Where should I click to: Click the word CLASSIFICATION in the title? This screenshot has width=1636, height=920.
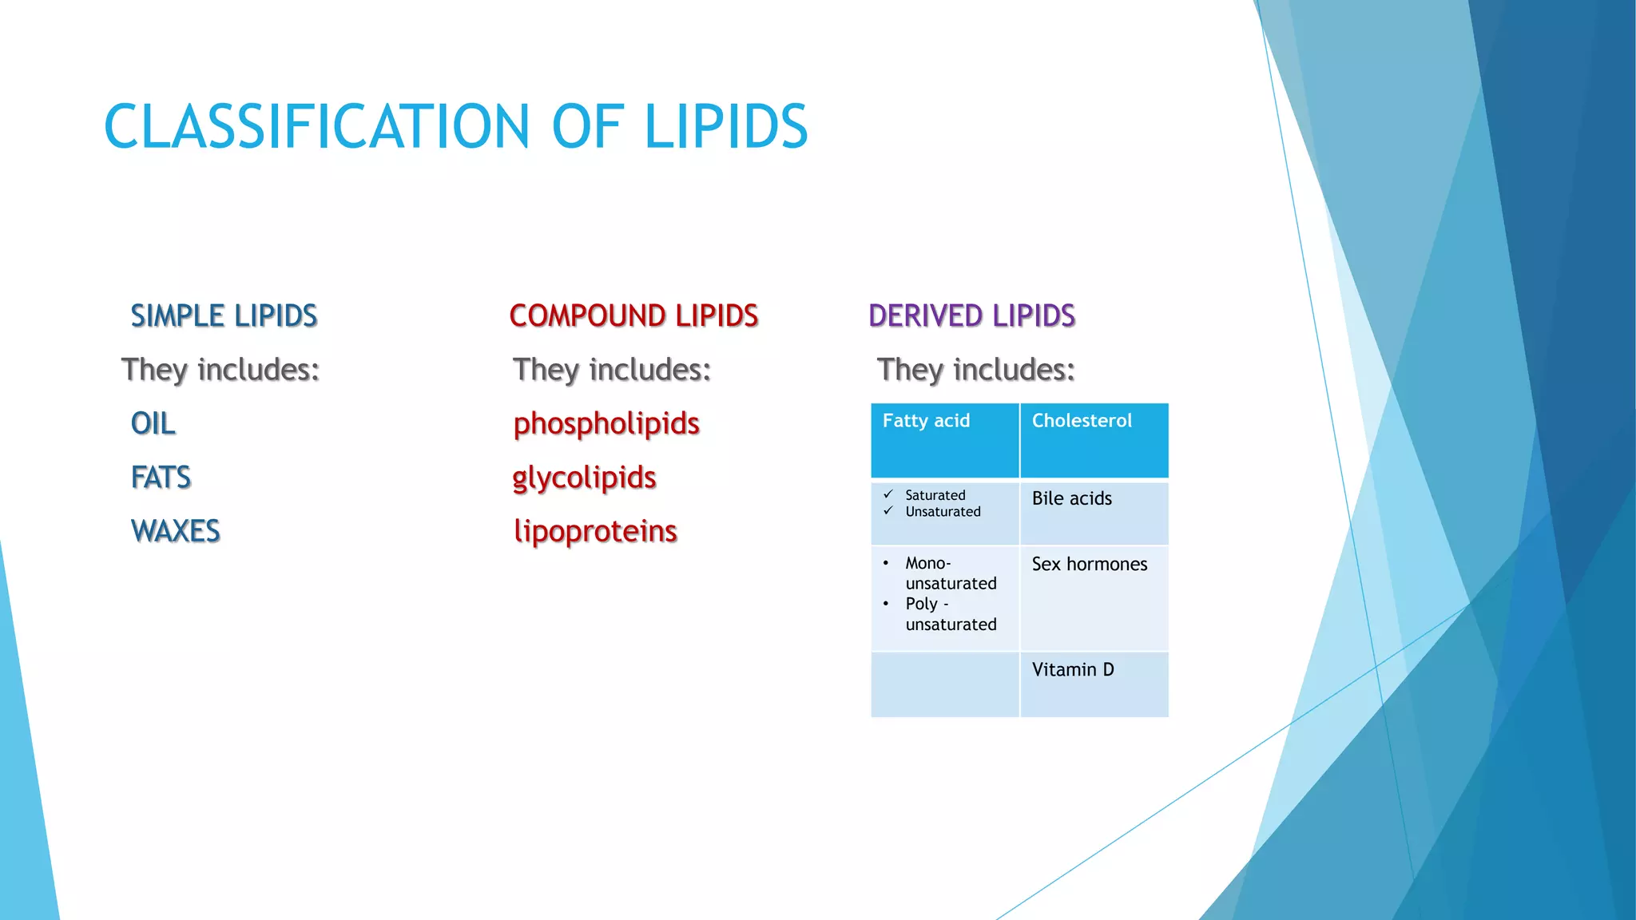tap(316, 126)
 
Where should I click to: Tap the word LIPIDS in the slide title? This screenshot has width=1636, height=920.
tap(725, 126)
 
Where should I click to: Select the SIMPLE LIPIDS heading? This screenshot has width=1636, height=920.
tap(224, 315)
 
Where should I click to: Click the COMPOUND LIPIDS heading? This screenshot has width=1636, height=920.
tap(633, 315)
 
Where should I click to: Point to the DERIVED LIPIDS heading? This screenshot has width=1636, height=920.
tap(971, 315)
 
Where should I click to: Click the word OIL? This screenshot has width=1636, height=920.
tap(153, 423)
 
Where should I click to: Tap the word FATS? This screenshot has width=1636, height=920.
tap(161, 478)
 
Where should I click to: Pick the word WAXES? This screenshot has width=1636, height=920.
tap(175, 531)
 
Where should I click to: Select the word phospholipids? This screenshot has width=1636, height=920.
tap(606, 423)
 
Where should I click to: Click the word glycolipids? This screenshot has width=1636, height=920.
tap(584, 478)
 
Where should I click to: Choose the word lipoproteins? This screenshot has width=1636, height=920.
tap(595, 531)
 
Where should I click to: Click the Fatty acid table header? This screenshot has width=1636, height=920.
tap(926, 421)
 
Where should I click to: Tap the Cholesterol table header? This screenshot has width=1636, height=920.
tap(1082, 421)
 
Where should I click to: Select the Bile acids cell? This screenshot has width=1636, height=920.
tap(1071, 498)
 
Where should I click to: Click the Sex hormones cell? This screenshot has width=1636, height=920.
tap(1089, 564)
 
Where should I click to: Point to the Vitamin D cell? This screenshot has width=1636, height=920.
tap(1072, 669)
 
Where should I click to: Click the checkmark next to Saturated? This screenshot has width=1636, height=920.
tap(887, 494)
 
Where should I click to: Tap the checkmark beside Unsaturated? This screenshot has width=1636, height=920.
tap(887, 511)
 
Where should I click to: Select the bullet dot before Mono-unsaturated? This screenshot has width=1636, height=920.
tap(886, 563)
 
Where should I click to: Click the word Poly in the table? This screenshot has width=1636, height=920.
tap(921, 604)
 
